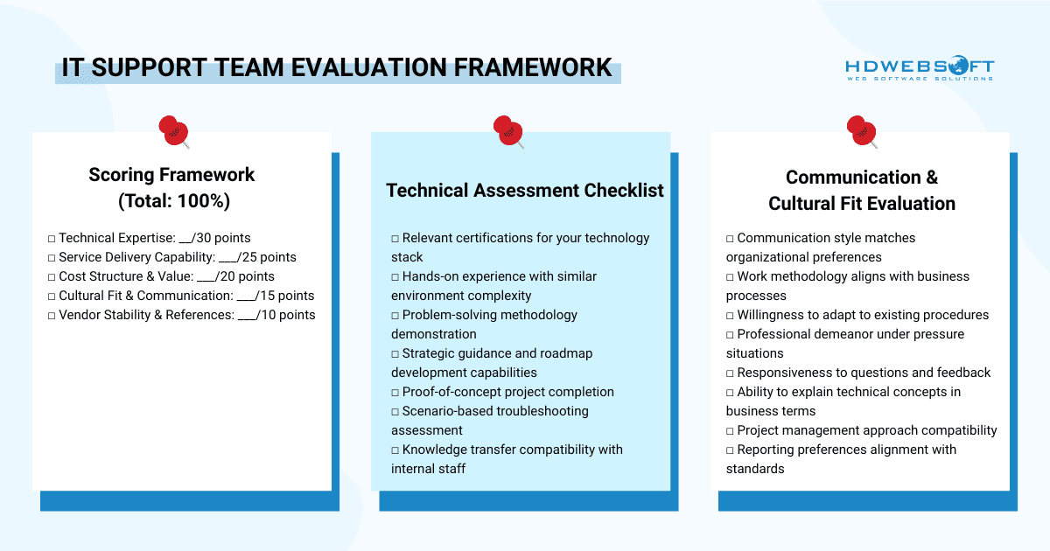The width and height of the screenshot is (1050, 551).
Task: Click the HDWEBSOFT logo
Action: click(x=920, y=69)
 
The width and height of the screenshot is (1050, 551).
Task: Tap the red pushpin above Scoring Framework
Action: click(x=172, y=130)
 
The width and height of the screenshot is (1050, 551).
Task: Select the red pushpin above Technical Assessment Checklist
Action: click(x=507, y=130)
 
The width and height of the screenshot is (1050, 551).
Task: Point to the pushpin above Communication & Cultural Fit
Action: click(x=861, y=130)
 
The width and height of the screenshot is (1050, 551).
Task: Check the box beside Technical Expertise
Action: click(x=52, y=238)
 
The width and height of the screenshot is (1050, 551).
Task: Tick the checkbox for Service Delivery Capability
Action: click(x=52, y=257)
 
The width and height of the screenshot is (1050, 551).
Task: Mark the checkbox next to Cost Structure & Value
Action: click(x=52, y=276)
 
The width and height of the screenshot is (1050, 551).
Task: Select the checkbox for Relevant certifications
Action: click(x=395, y=238)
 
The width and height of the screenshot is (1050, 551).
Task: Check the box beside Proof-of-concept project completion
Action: click(x=395, y=392)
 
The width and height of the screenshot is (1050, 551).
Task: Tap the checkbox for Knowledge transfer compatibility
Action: click(x=395, y=450)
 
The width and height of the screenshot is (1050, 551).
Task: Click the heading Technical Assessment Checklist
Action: click(x=525, y=191)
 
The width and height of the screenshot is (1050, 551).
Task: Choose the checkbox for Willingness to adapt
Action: click(x=731, y=315)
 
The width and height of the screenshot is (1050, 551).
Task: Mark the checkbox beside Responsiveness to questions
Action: click(x=731, y=373)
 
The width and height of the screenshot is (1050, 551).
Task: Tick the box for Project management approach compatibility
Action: click(x=731, y=430)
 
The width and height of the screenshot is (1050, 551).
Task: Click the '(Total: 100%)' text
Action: click(x=173, y=201)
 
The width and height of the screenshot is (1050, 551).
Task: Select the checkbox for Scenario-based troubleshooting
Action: click(x=395, y=411)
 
